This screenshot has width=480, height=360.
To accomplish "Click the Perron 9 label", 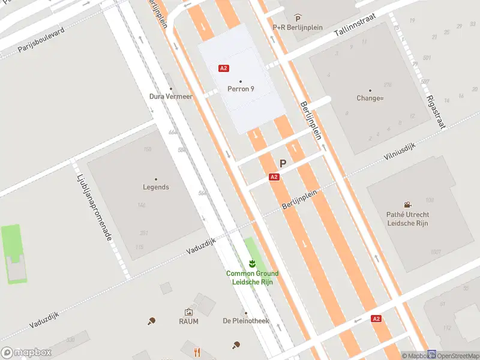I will pyautogui.click(x=241, y=89).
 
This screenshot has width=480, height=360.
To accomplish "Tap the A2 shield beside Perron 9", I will pyautogui.click(x=224, y=68).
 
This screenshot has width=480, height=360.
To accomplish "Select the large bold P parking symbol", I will pyautogui.click(x=283, y=163).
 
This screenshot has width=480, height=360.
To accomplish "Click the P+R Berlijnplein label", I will pyautogui.click(x=298, y=27).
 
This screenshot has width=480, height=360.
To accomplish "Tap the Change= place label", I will pyautogui.click(x=370, y=98).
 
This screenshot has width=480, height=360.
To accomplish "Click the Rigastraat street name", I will pyautogui.click(x=436, y=112).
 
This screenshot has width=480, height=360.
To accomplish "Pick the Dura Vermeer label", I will pyautogui.click(x=171, y=96).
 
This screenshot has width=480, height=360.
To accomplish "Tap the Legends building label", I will pyautogui.click(x=156, y=187).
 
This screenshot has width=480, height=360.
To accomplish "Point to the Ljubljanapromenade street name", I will pyautogui.click(x=95, y=208).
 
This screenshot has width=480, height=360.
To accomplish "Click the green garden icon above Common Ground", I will pyautogui.click(x=252, y=263).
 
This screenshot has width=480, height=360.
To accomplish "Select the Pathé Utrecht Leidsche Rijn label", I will pyautogui.click(x=407, y=218).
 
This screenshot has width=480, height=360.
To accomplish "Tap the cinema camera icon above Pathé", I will pyautogui.click(x=408, y=205).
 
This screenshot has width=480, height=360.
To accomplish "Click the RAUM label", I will pyautogui.click(x=188, y=321).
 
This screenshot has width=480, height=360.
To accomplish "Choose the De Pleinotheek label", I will pyautogui.click(x=245, y=321).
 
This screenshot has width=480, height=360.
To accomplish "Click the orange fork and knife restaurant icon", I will pyautogui.click(x=196, y=352).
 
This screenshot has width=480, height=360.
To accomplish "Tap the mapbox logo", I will pyautogui.click(x=26, y=353).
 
